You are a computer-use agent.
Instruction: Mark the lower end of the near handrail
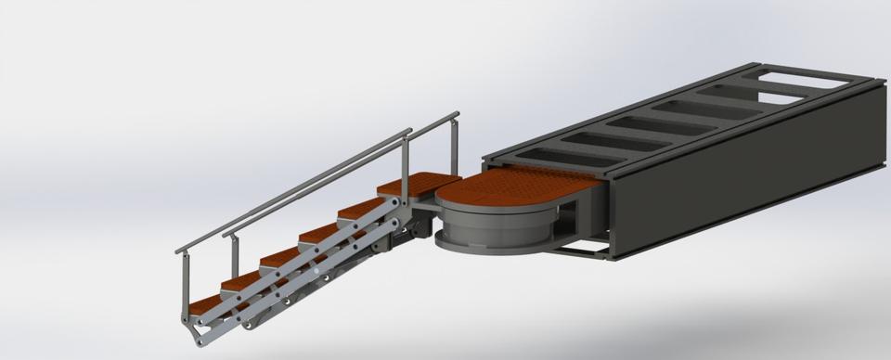tap(180, 250)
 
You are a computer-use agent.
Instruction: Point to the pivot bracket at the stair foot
tap(193, 327)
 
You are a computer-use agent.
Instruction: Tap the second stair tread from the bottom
tap(241, 277)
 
